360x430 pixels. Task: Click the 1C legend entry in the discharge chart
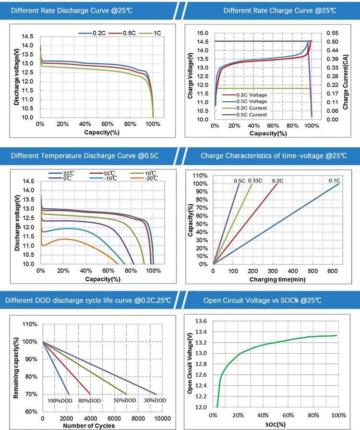[150, 33]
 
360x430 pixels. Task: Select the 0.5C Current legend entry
[244, 115]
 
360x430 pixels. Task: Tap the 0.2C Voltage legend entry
[244, 95]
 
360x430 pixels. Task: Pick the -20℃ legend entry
[144, 178]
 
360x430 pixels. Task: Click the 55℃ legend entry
[102, 173]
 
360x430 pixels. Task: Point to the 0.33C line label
[255, 181]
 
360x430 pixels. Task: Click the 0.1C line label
[334, 181]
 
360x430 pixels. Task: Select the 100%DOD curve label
[60, 401]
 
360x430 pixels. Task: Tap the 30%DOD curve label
[155, 400]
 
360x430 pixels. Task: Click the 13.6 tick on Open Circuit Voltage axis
[201, 321]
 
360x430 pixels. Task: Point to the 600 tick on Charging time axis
[332, 271]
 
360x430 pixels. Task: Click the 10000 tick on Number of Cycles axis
[162, 418]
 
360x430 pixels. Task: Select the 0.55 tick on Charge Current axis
[332, 33]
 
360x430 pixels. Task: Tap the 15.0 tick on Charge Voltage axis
[203, 33]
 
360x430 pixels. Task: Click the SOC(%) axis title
[276, 425]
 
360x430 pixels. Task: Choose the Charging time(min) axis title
[277, 279]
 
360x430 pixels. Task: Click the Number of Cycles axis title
[89, 426]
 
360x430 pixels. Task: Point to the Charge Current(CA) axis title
[346, 82]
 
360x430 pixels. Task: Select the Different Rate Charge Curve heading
[280, 11]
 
